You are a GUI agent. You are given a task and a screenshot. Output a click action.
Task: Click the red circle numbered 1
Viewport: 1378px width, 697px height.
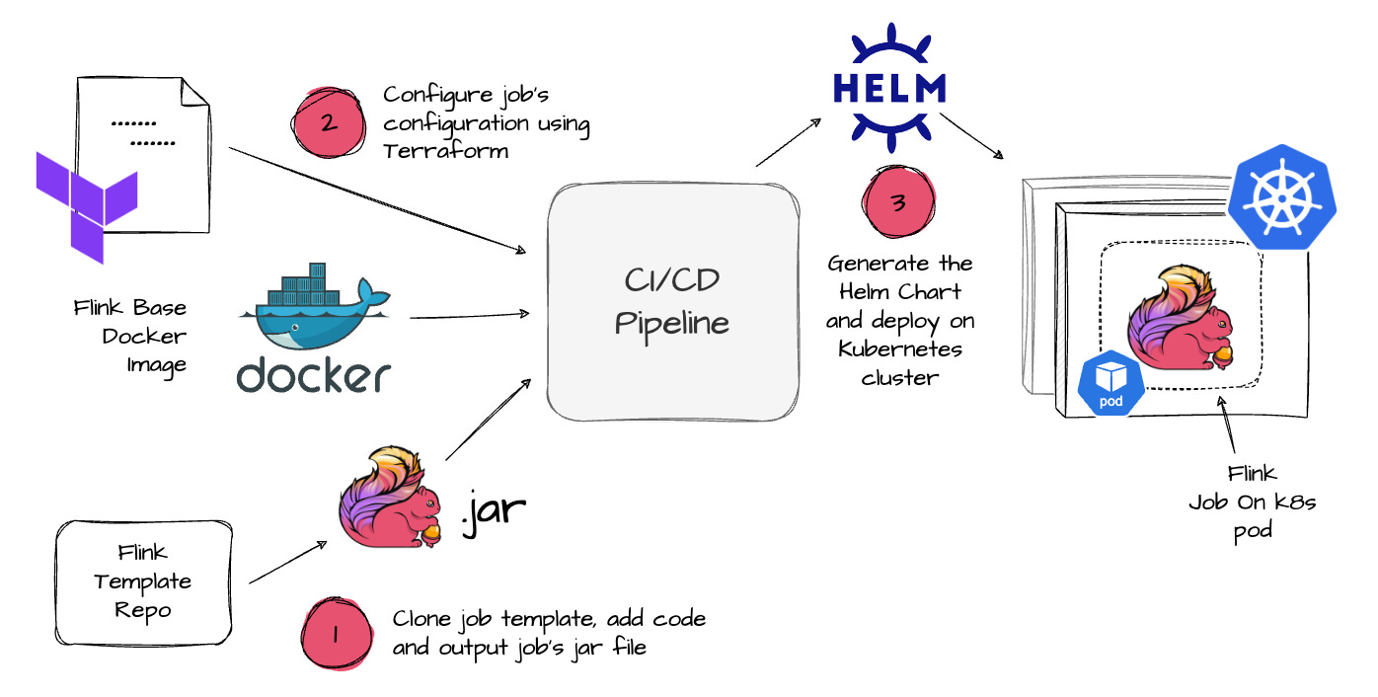tap(335, 635)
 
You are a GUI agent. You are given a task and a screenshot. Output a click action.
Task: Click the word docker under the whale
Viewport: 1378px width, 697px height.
tap(313, 375)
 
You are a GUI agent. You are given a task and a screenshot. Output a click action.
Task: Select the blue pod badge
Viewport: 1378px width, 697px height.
tap(1111, 385)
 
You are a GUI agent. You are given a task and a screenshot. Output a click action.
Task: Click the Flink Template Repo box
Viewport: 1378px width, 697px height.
tap(143, 581)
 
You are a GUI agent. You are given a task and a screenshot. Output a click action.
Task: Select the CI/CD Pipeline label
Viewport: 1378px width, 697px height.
tap(672, 304)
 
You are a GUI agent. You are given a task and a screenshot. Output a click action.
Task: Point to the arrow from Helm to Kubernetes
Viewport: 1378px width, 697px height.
tap(972, 136)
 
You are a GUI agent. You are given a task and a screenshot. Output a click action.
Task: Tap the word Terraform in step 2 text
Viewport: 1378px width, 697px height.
tap(446, 151)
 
